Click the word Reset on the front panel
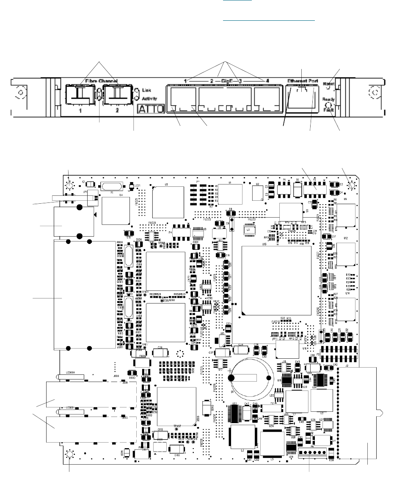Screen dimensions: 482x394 328,84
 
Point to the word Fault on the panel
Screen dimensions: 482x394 328,109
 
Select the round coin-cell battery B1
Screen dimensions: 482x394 250,377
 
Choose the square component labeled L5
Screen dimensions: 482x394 271,443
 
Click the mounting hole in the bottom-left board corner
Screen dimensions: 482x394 70,454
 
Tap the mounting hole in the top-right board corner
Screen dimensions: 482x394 350,185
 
